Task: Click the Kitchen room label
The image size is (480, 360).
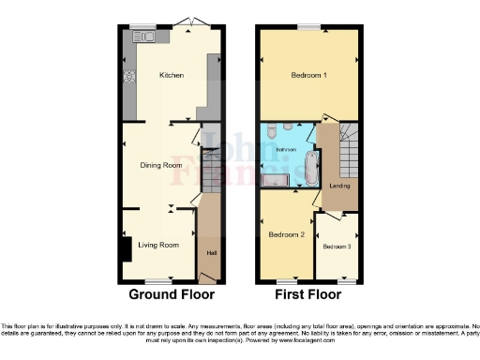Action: (x=171, y=75)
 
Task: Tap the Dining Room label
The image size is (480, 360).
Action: (x=159, y=165)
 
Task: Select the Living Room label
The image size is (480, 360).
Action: (x=158, y=246)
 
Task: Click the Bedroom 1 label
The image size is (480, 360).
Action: (x=308, y=75)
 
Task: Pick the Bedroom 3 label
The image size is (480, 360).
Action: (x=337, y=247)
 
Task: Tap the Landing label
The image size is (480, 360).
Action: (x=339, y=185)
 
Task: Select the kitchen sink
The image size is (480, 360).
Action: (x=146, y=37)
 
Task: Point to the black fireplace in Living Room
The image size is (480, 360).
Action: (x=126, y=250)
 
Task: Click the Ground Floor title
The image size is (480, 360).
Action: (x=171, y=294)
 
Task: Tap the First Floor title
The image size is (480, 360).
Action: (x=308, y=294)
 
